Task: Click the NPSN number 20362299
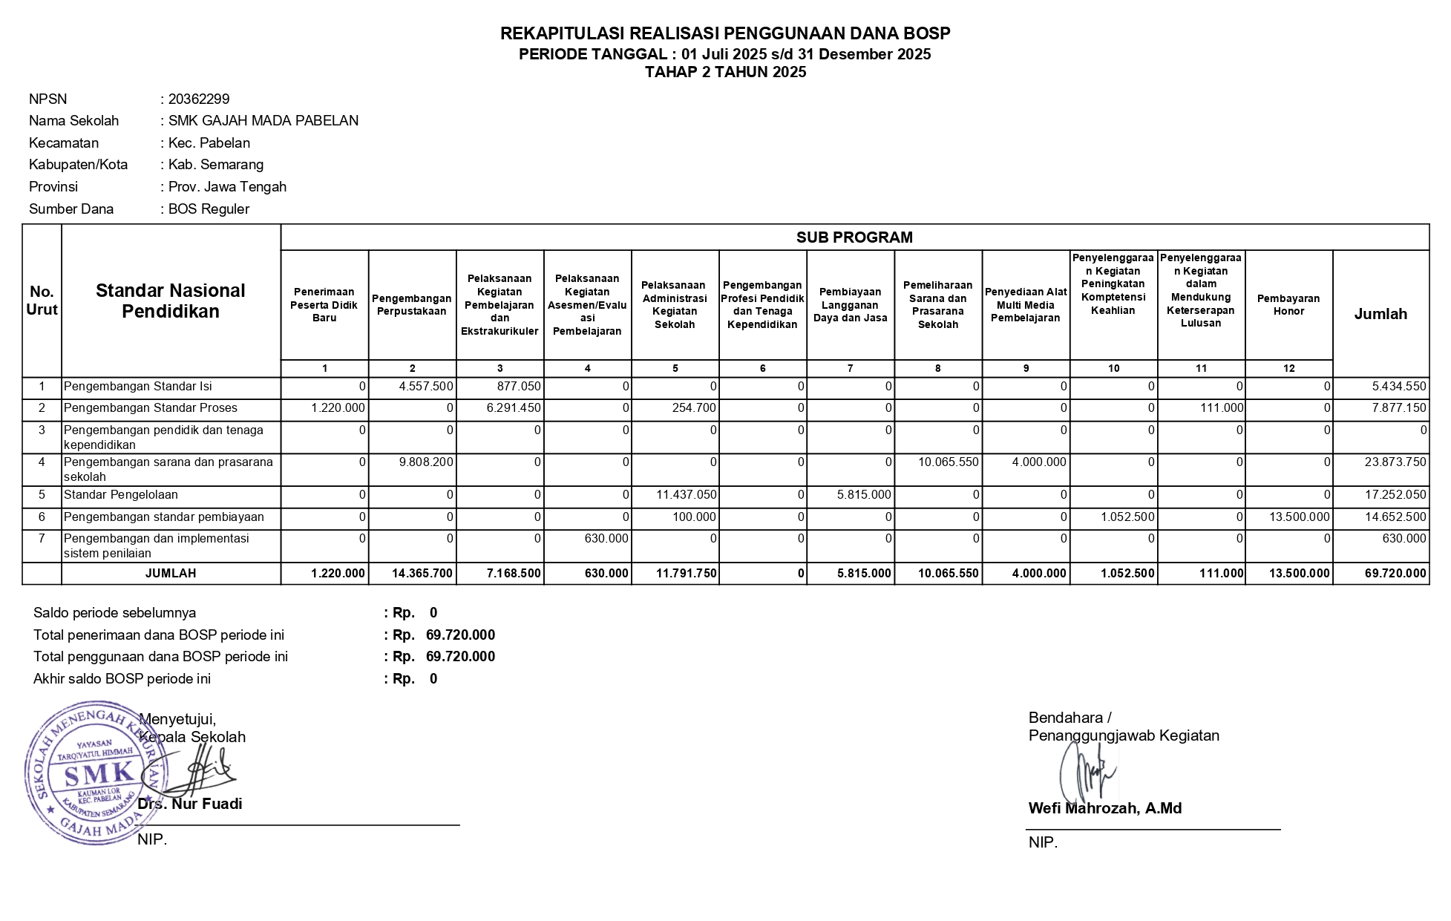pos(199,99)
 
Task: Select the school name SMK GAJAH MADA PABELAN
pos(263,121)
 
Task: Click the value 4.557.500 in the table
pos(426,387)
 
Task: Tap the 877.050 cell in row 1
pos(520,387)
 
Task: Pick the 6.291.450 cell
pos(513,408)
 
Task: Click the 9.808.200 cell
pos(426,462)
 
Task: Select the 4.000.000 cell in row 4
pos(1039,462)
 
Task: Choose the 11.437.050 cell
pos(687,495)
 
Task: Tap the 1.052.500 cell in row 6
pos(1127,517)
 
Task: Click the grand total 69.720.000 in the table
pos(1395,574)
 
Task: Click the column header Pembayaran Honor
pos(1288,305)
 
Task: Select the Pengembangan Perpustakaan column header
pos(412,305)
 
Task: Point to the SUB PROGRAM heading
pos(854,237)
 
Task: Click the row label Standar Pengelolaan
pos(121,495)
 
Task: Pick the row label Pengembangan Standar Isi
pos(138,387)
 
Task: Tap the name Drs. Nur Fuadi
pos(191,804)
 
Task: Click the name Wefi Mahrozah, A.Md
pos(1104,809)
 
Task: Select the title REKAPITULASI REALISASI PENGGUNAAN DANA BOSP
pos(725,33)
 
